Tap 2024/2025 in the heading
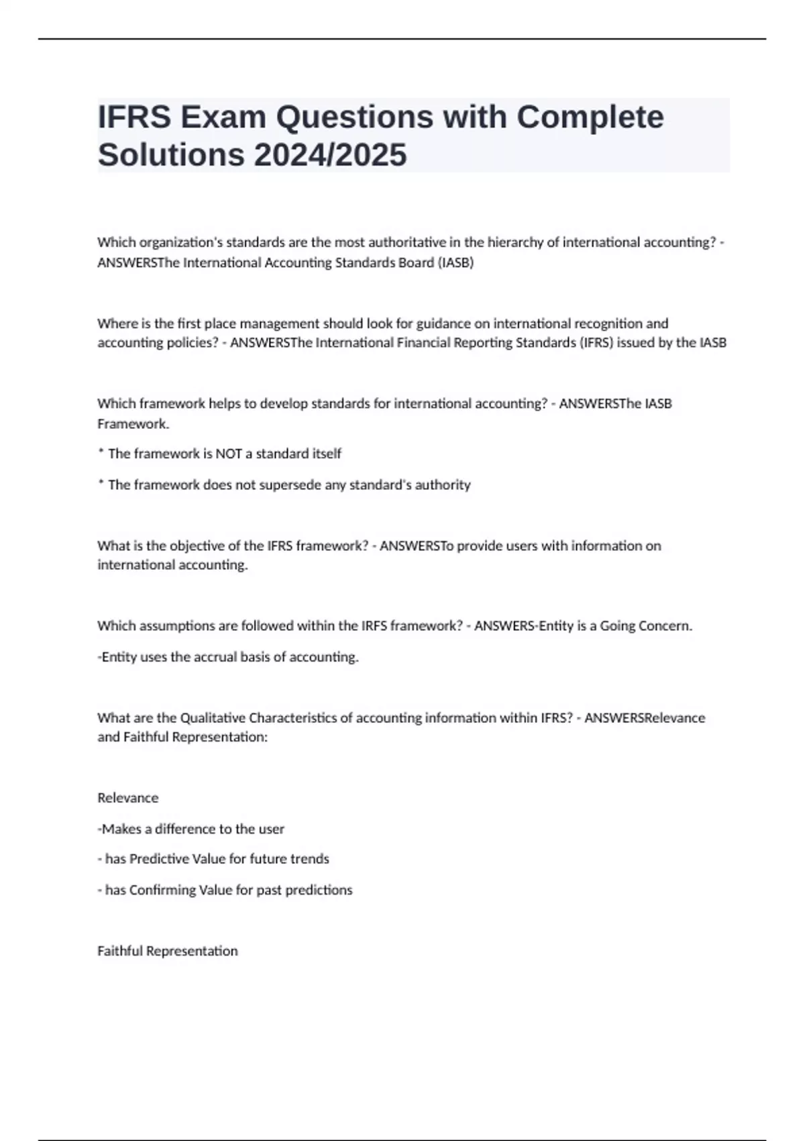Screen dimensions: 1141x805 click(x=330, y=155)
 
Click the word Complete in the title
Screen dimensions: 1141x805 click(x=590, y=117)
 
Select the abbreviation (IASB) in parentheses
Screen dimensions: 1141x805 click(x=455, y=262)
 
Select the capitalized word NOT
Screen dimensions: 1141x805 click(x=225, y=454)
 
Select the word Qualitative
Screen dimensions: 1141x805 click(x=213, y=718)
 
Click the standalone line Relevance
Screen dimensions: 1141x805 click(x=128, y=798)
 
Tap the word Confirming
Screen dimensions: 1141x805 click(x=160, y=890)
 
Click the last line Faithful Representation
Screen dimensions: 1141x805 click(x=168, y=951)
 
